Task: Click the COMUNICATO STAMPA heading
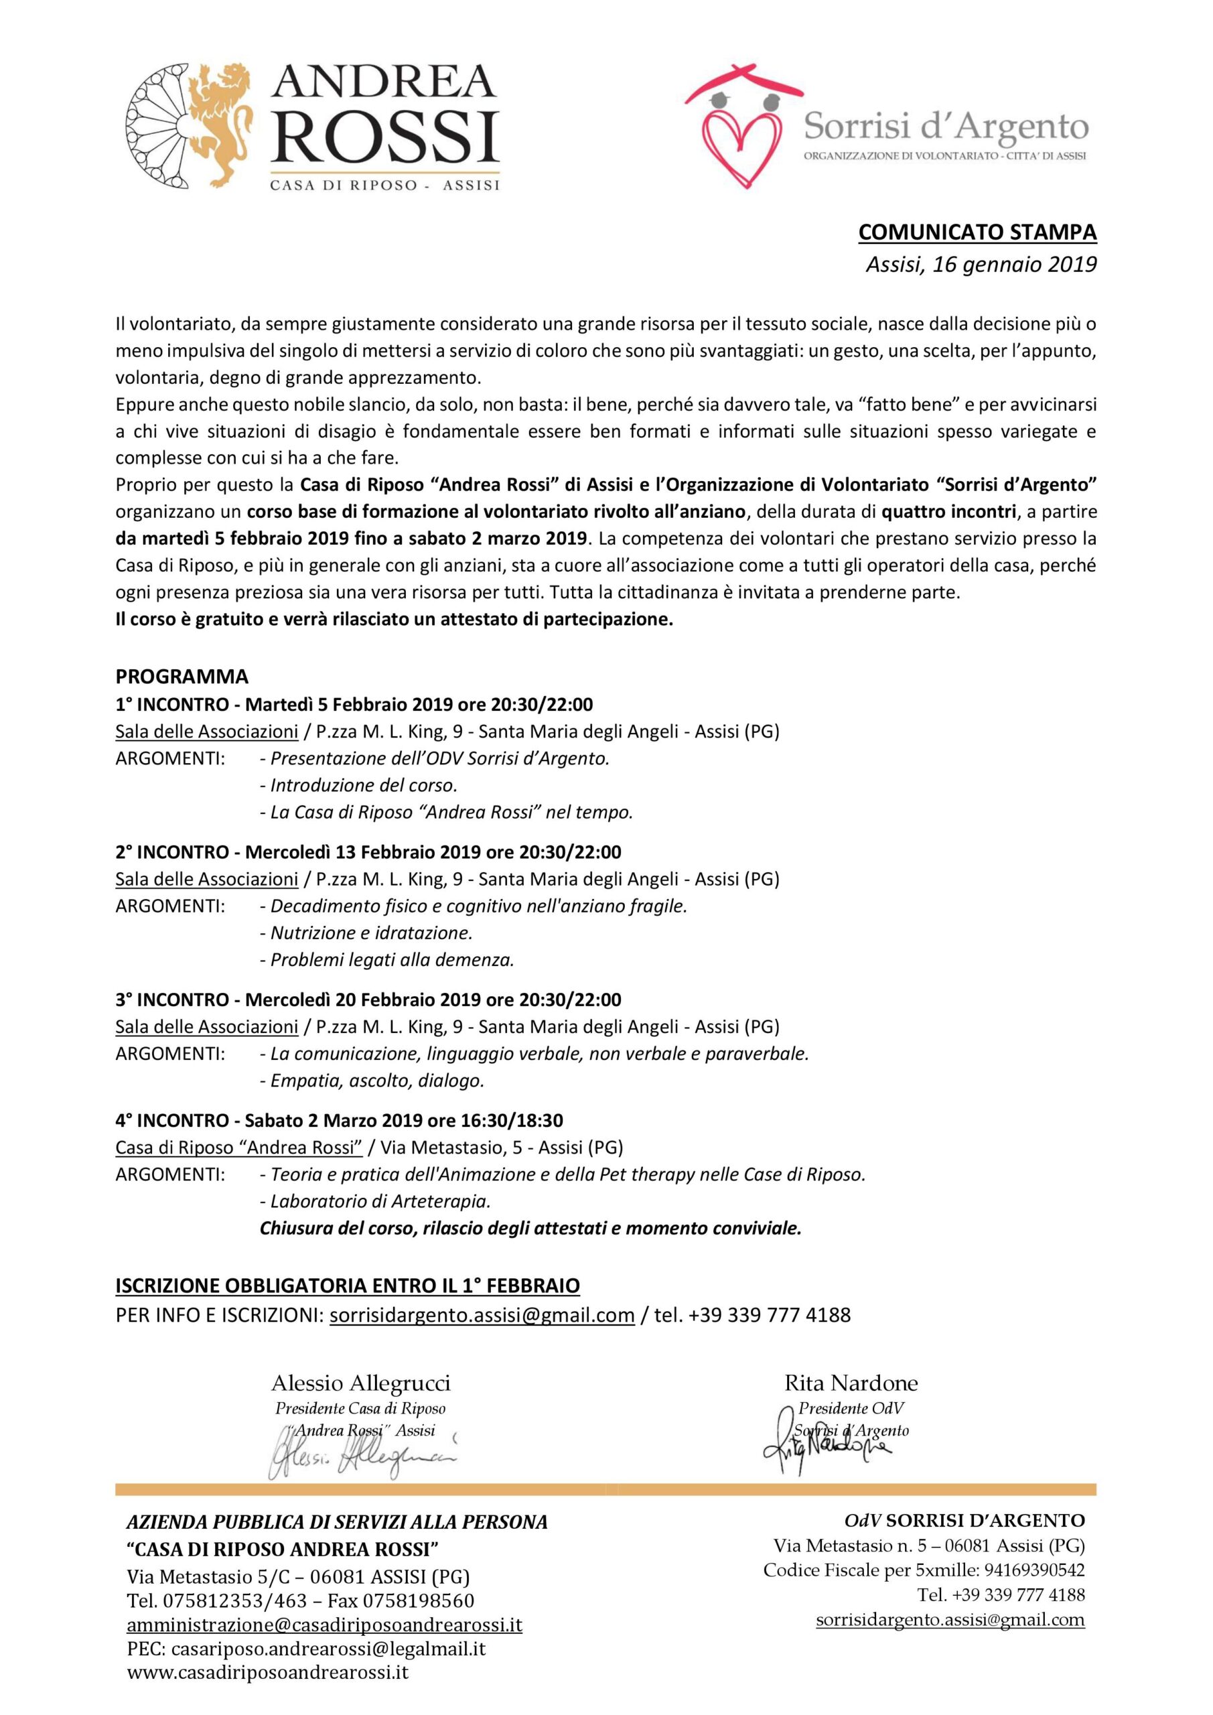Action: pyautogui.click(x=977, y=232)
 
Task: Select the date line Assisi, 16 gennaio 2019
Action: pyautogui.click(x=981, y=265)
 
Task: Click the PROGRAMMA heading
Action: pyautogui.click(x=182, y=677)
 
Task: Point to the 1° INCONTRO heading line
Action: pyautogui.click(x=354, y=704)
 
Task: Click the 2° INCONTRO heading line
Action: pyautogui.click(x=368, y=851)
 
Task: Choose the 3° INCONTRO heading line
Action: pyautogui.click(x=368, y=1000)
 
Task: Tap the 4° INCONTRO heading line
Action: pyautogui.click(x=339, y=1120)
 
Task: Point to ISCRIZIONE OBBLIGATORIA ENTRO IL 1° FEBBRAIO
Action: pyautogui.click(x=348, y=1286)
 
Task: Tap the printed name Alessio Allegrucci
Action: pyautogui.click(x=361, y=1383)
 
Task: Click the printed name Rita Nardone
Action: pyautogui.click(x=851, y=1383)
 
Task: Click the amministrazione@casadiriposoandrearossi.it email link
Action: pyautogui.click(x=324, y=1625)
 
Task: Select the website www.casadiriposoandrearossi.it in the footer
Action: pyautogui.click(x=267, y=1671)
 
